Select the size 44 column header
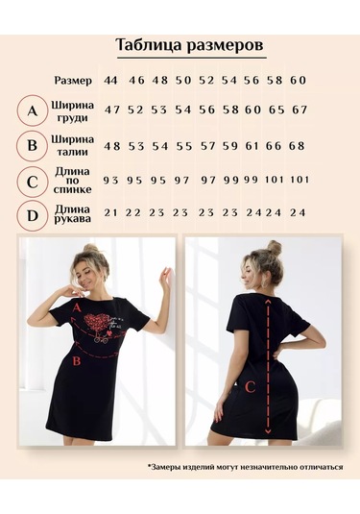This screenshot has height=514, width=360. coord(110,80)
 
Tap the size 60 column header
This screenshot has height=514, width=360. coord(298,80)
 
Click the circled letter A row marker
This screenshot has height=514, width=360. coord(33,110)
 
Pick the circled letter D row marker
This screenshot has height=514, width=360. coord(33,216)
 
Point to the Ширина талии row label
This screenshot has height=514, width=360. coord(72,145)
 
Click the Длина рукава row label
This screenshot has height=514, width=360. coord(72,213)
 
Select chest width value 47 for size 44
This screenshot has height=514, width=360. coord(112,110)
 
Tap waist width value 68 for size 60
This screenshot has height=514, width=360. coord(297,145)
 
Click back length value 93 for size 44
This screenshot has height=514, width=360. coord(110,180)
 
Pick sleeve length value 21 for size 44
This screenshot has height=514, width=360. coord(110,212)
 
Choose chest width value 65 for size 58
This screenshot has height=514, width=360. coord(276,110)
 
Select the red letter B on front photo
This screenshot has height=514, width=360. coord(77,361)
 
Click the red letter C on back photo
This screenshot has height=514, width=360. coord(250,387)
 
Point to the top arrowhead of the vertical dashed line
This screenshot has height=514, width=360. coord(268,302)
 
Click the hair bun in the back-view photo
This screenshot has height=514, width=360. coord(274,248)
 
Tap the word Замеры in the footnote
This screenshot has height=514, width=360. coord(165,467)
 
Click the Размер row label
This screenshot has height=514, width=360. coord(73,81)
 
